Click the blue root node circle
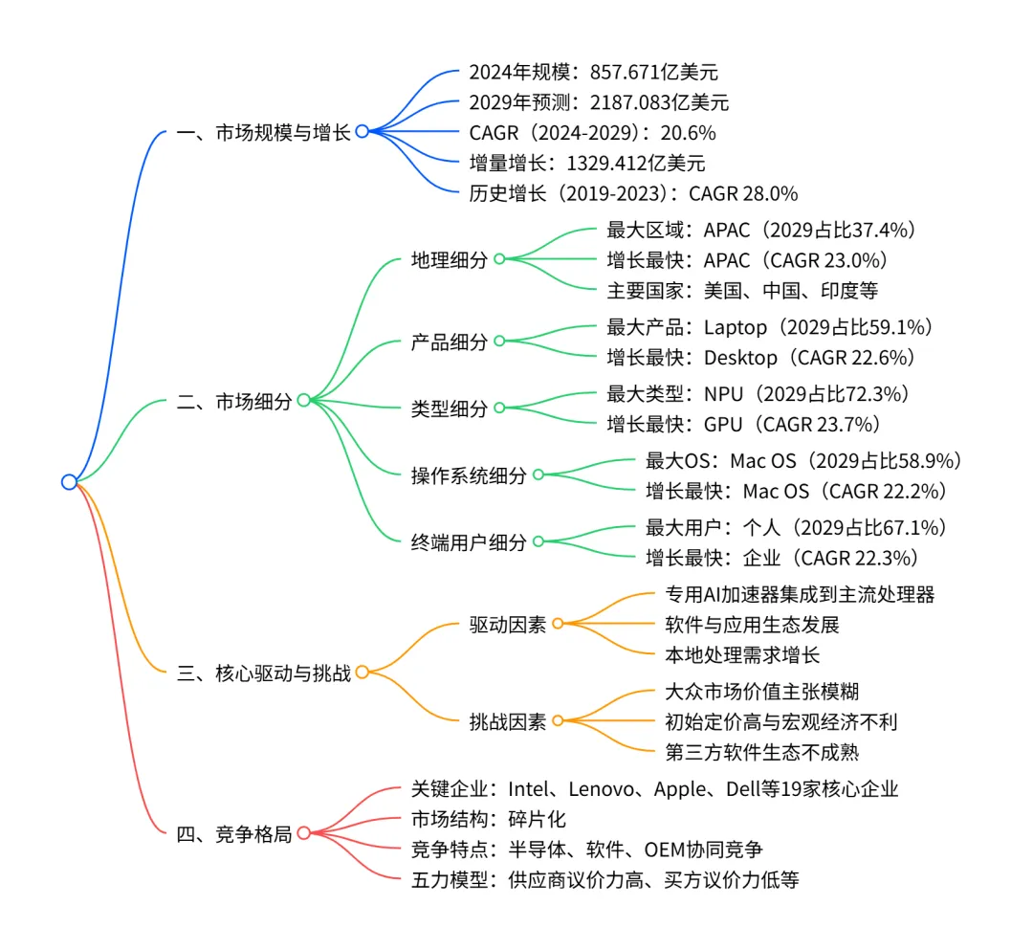(69, 482)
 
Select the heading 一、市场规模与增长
(264, 132)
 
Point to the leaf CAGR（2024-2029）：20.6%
(592, 132)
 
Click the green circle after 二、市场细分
(303, 401)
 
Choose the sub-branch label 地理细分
(450, 260)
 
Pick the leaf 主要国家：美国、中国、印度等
(742, 290)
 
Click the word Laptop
(736, 327)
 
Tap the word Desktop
(741, 358)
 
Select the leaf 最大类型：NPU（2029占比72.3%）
(758, 393)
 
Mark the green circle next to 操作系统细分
(538, 474)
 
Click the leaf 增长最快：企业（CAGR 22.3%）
(781, 558)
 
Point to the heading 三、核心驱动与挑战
(264, 672)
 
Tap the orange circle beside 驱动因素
(558, 624)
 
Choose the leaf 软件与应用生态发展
(752, 625)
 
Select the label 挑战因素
(508, 721)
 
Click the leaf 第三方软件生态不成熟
(761, 752)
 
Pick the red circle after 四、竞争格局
(303, 833)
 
